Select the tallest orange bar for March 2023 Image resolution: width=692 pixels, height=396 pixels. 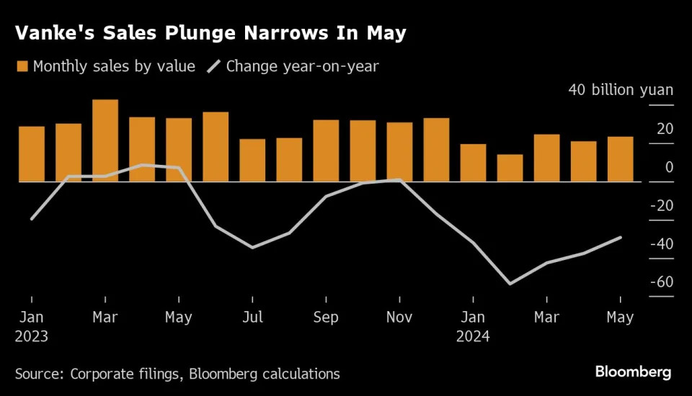click(105, 140)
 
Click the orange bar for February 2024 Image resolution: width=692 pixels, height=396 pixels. click(510, 168)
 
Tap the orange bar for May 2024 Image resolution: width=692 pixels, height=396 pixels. click(620, 159)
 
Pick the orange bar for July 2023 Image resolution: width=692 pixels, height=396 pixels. click(252, 160)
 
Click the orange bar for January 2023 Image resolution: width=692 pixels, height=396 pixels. click(32, 154)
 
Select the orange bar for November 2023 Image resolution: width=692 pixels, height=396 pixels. click(399, 152)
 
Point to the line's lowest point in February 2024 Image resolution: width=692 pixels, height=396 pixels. click(510, 284)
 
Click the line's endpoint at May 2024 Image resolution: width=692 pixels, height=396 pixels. click(621, 238)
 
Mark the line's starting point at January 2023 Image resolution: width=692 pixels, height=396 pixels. click(32, 218)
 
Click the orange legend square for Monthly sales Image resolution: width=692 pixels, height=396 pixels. click(22, 67)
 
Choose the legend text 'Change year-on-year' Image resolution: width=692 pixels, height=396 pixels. click(303, 67)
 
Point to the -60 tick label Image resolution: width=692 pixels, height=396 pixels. click(661, 282)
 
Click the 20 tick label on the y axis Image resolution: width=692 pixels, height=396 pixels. click(665, 130)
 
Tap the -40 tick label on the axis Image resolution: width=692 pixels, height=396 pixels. click(661, 243)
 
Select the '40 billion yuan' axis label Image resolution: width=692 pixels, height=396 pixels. click(621, 90)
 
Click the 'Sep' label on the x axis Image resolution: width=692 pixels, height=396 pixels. click(326, 318)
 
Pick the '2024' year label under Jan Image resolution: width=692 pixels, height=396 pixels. click(473, 336)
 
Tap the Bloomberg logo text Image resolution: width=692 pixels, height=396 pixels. click(633, 372)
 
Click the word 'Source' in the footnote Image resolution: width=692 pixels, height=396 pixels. click(38, 374)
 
